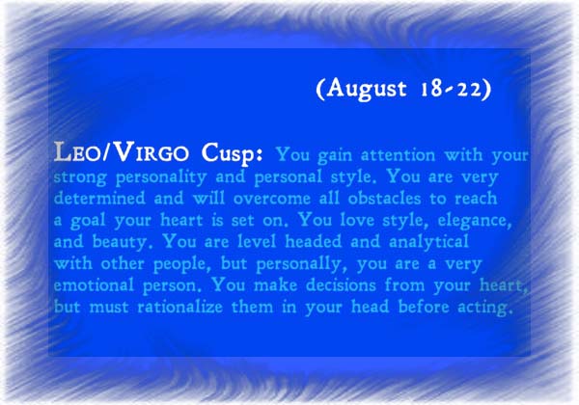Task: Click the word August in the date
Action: pos(366,89)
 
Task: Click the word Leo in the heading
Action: pos(77,152)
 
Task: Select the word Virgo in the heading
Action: pos(151,152)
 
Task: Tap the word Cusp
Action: pos(232,154)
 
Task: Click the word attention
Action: pos(398,155)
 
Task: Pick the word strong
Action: pos(80,177)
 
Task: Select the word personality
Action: pos(161,177)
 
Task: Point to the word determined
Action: pos(99,198)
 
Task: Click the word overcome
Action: pos(272,200)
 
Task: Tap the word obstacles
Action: pos(384,198)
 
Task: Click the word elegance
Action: pos(475,221)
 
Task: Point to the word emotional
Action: pos(94,285)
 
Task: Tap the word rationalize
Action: pos(179,307)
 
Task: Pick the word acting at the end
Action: pos(485,308)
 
